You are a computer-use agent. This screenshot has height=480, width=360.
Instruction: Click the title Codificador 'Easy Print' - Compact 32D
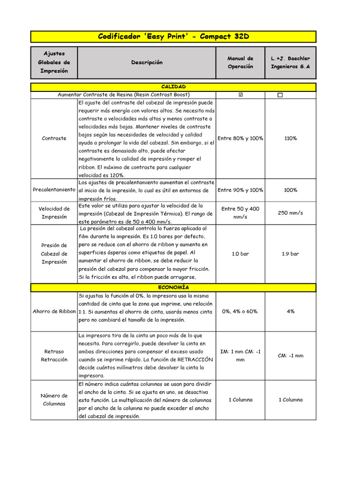173,37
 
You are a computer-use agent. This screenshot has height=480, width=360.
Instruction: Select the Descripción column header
147,62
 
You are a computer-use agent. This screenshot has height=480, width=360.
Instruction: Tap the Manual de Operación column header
240,62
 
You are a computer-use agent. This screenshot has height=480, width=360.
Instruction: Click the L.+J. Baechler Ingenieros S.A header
290,62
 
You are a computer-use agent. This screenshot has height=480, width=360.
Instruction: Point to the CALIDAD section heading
173,87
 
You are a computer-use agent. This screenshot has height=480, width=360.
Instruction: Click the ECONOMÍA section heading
173,287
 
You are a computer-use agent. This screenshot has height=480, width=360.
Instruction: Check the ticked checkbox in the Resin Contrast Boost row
241,95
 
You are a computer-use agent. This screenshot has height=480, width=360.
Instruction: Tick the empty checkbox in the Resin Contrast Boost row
280,95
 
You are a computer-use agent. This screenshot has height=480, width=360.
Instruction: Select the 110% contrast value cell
290,138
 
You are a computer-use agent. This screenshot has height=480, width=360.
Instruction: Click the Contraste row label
54,138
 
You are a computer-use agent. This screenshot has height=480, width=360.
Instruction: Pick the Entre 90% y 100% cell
240,190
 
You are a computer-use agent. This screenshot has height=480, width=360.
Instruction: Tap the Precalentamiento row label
54,190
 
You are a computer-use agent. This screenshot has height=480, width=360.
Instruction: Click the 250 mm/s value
290,213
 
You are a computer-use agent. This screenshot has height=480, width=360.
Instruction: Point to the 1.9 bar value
290,254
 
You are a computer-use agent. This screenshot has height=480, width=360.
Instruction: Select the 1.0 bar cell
240,254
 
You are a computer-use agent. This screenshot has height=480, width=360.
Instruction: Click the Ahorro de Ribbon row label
54,311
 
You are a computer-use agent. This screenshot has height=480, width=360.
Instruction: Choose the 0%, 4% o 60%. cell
240,311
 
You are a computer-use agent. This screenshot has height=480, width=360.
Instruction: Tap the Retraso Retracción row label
54,355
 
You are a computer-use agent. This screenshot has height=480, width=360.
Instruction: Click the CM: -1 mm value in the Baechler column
290,355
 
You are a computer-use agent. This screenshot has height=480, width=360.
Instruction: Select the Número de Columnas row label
54,399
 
